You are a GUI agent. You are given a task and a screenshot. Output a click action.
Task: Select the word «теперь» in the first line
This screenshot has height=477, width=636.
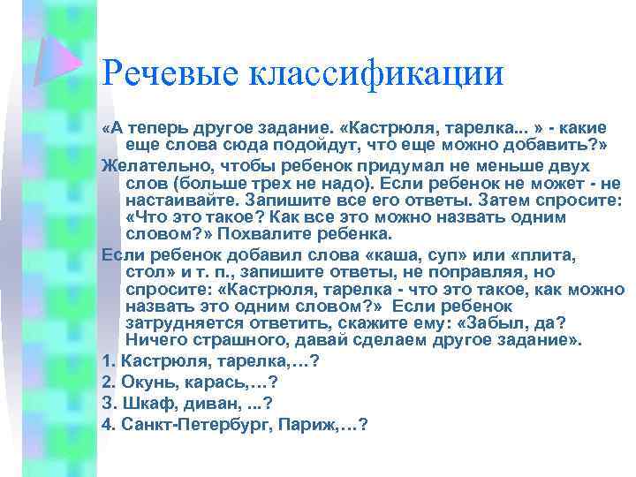click(155, 130)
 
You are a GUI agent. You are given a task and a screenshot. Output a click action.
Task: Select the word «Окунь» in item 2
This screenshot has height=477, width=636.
click(149, 381)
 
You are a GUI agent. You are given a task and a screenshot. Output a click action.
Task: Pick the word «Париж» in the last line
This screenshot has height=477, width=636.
click(306, 424)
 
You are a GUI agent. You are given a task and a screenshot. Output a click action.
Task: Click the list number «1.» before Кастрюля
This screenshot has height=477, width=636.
click(109, 360)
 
